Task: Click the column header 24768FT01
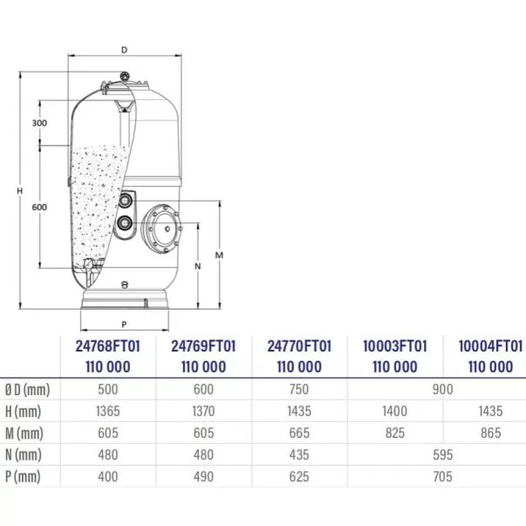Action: [x=107, y=346]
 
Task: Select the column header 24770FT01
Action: [x=299, y=346]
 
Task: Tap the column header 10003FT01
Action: [x=395, y=346]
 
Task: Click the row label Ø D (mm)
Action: [x=28, y=390]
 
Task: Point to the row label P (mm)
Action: [x=23, y=476]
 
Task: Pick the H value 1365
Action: [x=107, y=411]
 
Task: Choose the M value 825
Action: [x=395, y=433]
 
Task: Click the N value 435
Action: [x=299, y=454]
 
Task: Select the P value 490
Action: [x=203, y=476]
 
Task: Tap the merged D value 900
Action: [x=443, y=389]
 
